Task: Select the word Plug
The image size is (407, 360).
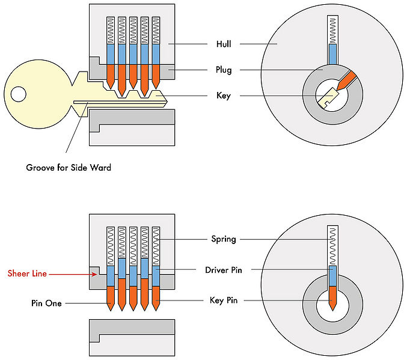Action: pyautogui.click(x=224, y=70)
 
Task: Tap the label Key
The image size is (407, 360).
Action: pyautogui.click(x=223, y=96)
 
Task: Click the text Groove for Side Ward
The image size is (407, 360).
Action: pyautogui.click(x=69, y=168)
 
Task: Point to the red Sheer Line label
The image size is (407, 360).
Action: pyautogui.click(x=27, y=273)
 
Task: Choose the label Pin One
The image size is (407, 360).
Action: pyautogui.click(x=45, y=304)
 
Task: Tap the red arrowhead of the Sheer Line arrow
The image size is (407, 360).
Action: pyautogui.click(x=94, y=274)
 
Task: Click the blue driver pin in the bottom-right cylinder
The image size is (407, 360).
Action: pyautogui.click(x=332, y=275)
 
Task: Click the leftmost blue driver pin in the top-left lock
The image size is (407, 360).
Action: pyautogui.click(x=110, y=55)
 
